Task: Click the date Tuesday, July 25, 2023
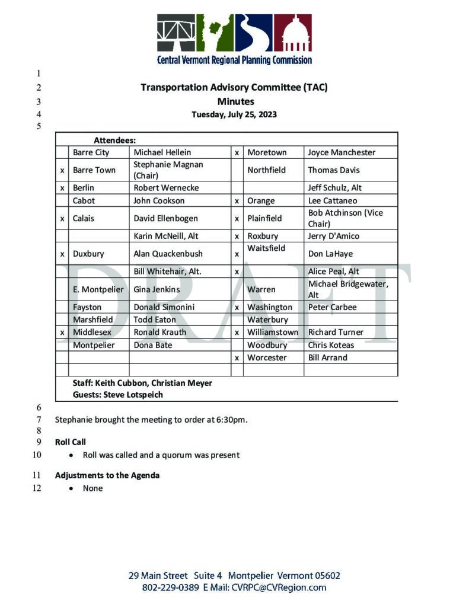(234, 114)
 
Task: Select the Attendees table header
(115, 140)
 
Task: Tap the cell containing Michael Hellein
(162, 152)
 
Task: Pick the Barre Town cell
(94, 170)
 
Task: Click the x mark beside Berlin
(62, 188)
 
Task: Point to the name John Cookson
(155, 200)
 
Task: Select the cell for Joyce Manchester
(342, 152)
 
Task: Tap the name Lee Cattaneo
(333, 200)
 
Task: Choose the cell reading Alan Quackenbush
(168, 254)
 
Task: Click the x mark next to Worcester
(237, 358)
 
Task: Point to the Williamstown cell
(273, 333)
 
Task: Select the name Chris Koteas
(331, 345)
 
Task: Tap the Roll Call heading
(71, 442)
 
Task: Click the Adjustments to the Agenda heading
(107, 475)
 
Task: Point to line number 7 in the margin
(39, 420)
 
